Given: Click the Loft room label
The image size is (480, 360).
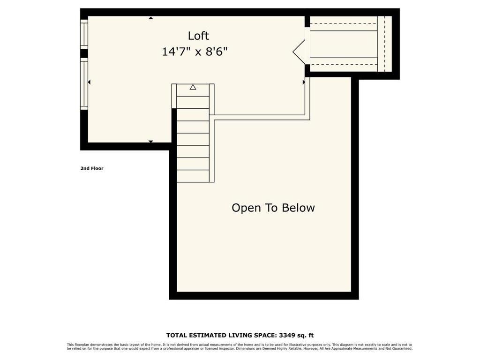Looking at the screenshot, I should tap(198, 36).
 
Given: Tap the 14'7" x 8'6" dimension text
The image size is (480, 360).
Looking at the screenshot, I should tap(195, 52).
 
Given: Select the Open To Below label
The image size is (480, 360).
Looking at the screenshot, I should tap(273, 208).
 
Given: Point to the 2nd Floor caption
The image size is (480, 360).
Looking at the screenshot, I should tap(92, 168).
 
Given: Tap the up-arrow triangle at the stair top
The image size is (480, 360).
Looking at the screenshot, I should tap(193, 87).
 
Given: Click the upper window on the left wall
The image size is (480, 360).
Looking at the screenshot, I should tap(84, 34).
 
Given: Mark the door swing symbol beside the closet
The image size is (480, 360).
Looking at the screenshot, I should tap(300, 52).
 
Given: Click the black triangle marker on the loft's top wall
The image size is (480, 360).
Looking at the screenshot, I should tap(151, 18).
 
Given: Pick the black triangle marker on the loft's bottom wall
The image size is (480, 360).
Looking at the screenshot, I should tap(151, 141).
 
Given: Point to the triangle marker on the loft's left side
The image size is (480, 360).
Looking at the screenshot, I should tap(89, 82).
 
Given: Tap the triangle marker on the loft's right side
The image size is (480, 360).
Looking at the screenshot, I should tap(304, 82).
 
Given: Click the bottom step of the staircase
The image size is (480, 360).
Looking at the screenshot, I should tap(193, 176).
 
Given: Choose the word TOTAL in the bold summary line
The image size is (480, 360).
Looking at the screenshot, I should tap(178, 335).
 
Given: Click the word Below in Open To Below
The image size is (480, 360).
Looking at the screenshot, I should tap(299, 208).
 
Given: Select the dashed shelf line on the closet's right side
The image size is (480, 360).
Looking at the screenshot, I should tap(384, 44).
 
